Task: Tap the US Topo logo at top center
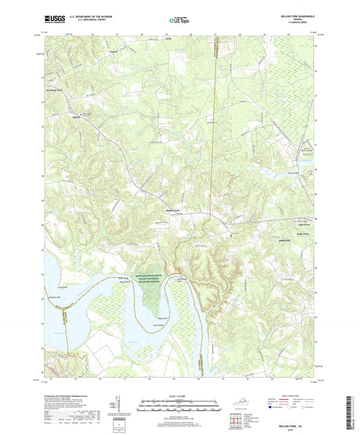(x=174, y=21)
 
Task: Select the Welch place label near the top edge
(x=169, y=41)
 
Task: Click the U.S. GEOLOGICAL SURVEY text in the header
(x=88, y=22)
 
